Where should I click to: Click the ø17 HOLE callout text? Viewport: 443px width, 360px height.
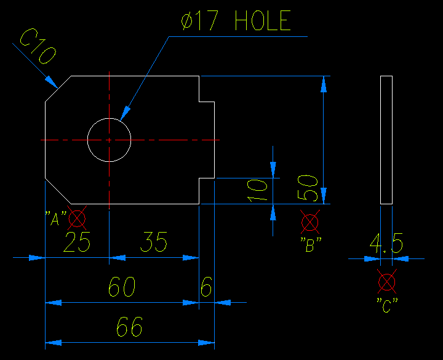(236, 22)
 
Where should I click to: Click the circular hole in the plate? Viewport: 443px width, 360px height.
(109, 140)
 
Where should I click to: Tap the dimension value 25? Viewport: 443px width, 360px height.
(78, 242)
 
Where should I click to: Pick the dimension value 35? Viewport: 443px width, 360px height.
(154, 242)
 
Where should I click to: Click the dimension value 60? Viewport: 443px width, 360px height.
(122, 287)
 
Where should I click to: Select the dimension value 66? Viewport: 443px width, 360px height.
(129, 327)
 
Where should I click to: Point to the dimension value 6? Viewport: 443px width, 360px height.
(207, 287)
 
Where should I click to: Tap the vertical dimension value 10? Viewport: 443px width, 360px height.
(258, 191)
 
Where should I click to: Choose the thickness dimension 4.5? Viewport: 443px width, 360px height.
(386, 244)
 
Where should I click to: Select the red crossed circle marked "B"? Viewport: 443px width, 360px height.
(310, 222)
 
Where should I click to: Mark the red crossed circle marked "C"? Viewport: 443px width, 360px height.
(387, 282)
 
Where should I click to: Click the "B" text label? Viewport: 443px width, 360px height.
(310, 244)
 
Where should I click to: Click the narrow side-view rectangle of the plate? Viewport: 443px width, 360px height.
(386, 140)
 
